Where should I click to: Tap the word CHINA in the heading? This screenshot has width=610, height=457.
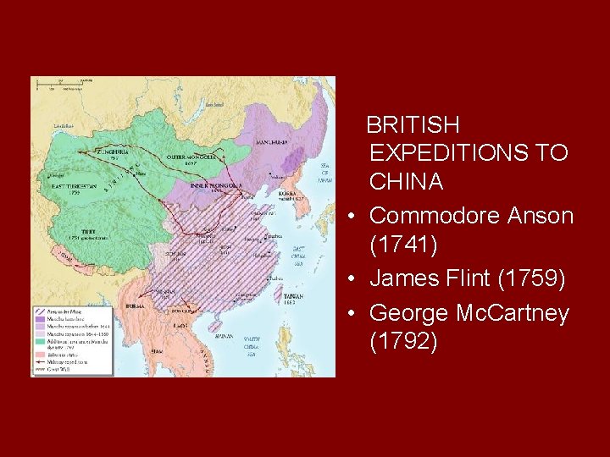tap(406, 181)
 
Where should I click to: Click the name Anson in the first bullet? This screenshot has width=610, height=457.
tap(540, 216)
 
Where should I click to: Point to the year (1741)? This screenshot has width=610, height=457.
tap(404, 245)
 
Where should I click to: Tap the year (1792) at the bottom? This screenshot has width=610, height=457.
tap(404, 342)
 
